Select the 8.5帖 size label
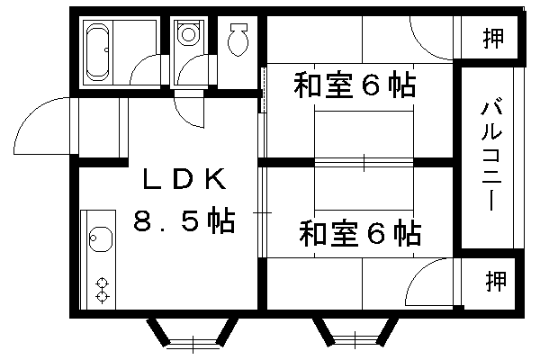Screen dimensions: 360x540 click(184, 220)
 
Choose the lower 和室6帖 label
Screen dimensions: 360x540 click(360, 235)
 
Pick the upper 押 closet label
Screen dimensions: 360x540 click(492, 39)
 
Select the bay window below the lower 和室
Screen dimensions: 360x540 click(355, 336)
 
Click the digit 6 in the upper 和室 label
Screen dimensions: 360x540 click(372, 86)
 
